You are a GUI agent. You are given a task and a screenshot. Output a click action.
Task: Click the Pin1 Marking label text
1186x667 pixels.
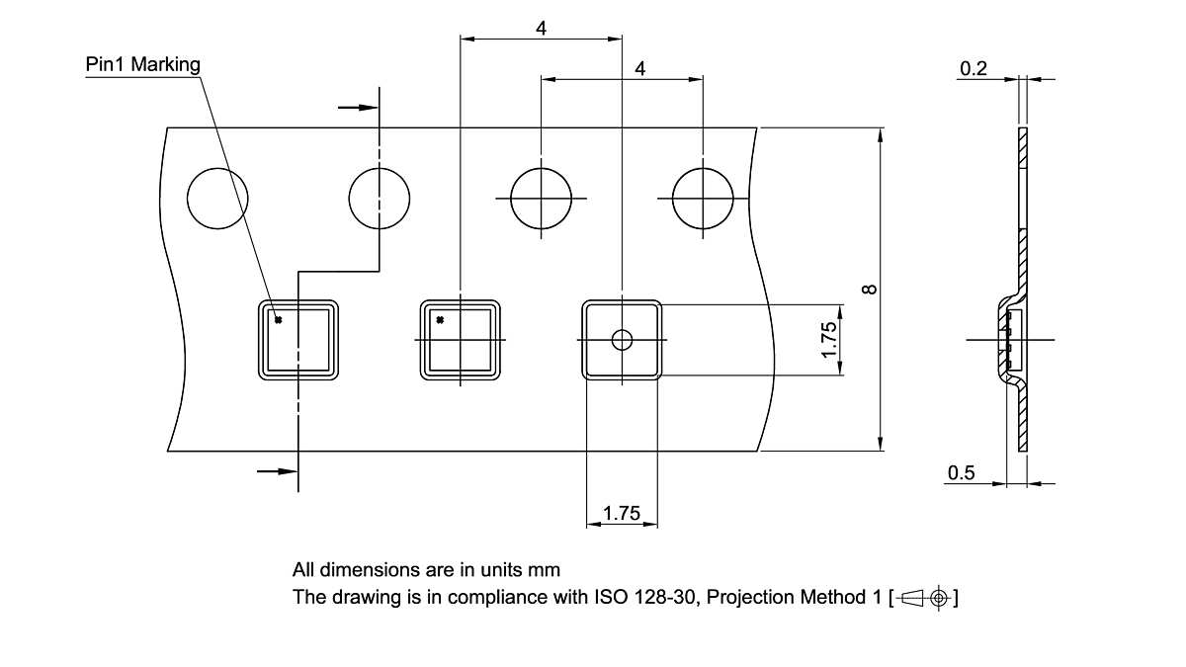[142, 65]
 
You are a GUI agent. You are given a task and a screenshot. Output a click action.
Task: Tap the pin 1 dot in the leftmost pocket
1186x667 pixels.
[279, 319]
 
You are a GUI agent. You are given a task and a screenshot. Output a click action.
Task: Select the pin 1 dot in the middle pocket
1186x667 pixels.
[441, 319]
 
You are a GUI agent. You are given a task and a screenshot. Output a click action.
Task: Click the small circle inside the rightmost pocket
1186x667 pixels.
[622, 340]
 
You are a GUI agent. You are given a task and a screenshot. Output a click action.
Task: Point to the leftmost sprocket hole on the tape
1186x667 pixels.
[217, 198]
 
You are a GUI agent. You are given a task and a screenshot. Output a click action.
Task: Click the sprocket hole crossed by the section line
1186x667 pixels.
[380, 198]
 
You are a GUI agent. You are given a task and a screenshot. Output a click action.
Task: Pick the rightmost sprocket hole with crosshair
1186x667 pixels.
[703, 198]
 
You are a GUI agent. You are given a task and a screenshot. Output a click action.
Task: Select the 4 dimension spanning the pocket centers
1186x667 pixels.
[542, 29]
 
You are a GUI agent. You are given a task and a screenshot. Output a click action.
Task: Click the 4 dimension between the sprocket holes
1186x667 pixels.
[640, 68]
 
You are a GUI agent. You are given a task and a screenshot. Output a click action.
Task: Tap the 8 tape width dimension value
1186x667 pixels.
[869, 289]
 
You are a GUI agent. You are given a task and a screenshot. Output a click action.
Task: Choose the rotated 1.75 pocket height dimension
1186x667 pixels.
[830, 340]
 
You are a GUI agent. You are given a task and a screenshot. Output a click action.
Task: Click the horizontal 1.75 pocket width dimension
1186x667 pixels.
[622, 513]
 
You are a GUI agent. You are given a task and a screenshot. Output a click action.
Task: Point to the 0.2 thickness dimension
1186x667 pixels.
[974, 68]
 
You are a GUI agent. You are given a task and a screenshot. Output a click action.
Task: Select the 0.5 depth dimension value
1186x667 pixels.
[961, 473]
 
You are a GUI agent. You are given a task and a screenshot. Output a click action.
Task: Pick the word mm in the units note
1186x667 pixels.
[545, 570]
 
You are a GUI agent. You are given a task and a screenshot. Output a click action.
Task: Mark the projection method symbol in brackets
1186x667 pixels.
[925, 598]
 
